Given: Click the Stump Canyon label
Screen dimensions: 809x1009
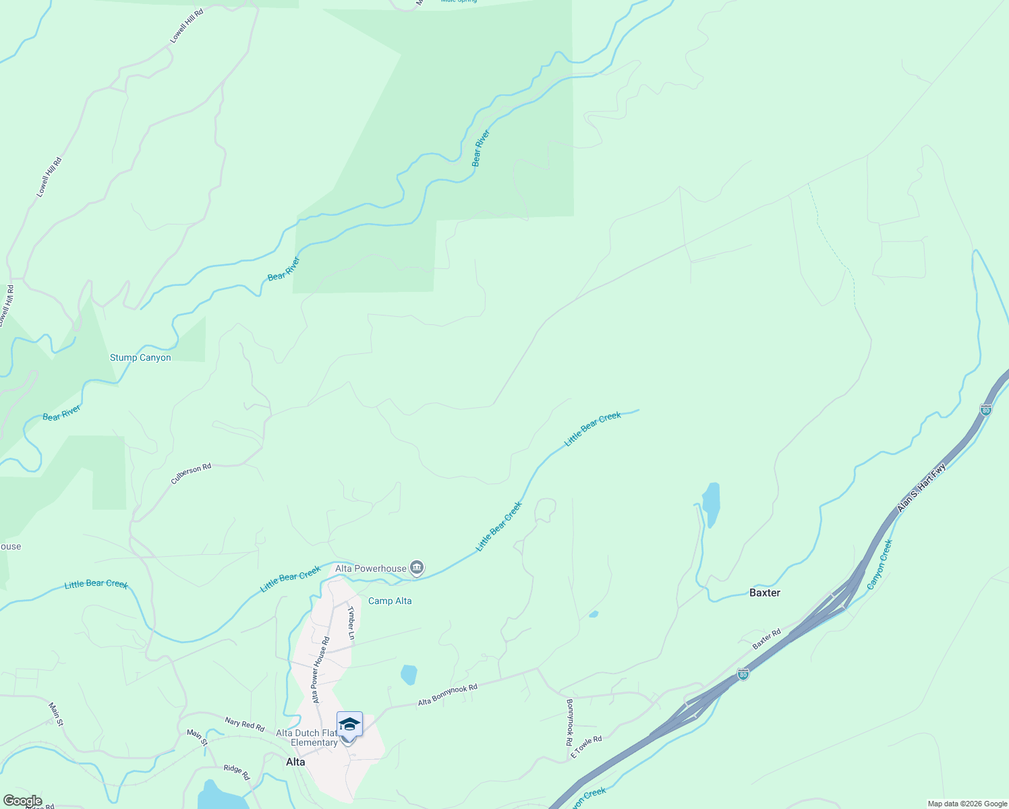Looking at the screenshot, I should pyautogui.click(x=140, y=357).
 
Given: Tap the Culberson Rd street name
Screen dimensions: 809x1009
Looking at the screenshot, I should pyautogui.click(x=191, y=473).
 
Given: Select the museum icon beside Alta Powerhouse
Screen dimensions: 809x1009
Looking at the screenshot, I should pyautogui.click(x=417, y=568).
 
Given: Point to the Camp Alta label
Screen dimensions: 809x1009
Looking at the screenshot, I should pyautogui.click(x=390, y=601).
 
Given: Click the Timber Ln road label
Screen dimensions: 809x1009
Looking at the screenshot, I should pyautogui.click(x=351, y=623).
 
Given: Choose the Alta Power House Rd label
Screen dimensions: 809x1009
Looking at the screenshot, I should pyautogui.click(x=320, y=669).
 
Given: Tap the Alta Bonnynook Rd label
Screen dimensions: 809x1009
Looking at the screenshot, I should pyautogui.click(x=447, y=695).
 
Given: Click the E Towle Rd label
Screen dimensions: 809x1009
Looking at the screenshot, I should pyautogui.click(x=586, y=747).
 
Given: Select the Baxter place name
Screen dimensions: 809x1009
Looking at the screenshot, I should pyautogui.click(x=765, y=593).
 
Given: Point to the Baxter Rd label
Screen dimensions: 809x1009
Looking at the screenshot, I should pyautogui.click(x=767, y=638).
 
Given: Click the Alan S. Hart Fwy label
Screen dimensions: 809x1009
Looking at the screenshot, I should pyautogui.click(x=921, y=487).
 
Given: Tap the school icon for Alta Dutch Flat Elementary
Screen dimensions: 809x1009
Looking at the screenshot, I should pyautogui.click(x=349, y=725).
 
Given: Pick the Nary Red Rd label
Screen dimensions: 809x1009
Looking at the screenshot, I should pyautogui.click(x=244, y=724).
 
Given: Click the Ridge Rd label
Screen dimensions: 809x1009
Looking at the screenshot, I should pyautogui.click(x=237, y=773).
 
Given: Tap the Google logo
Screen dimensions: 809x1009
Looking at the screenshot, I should pyautogui.click(x=22, y=801).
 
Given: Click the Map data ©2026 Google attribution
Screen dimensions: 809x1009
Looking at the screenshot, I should pyautogui.click(x=967, y=804).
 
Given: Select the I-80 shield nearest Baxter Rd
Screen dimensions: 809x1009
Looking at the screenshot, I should pyautogui.click(x=743, y=674).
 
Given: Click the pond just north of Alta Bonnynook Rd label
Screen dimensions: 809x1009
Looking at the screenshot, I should pyautogui.click(x=409, y=674).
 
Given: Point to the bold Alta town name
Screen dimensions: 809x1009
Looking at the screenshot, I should pyautogui.click(x=295, y=762).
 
